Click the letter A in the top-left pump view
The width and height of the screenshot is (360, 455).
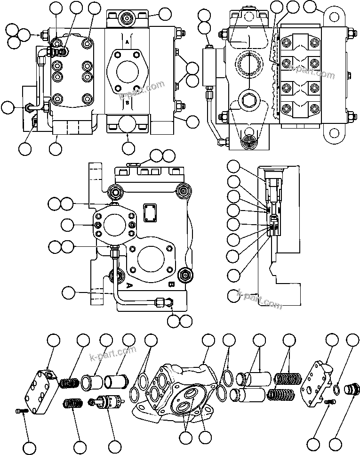pyautogui.click(x=127, y=42)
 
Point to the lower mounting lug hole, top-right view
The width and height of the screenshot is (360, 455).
pyautogui.click(x=335, y=133)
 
